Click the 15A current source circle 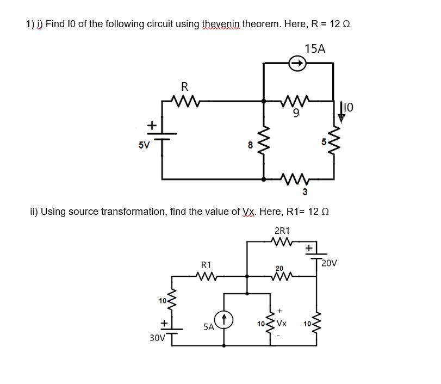click(297, 64)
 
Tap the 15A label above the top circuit click(315, 49)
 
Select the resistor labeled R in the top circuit click(185, 100)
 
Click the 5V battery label click(144, 145)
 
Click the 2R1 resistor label click(282, 230)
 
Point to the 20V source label click(328, 263)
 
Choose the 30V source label click(158, 338)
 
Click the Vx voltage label click(281, 323)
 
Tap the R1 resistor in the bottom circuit click(207, 276)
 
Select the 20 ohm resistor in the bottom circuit click(281, 276)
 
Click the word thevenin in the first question click(221, 24)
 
